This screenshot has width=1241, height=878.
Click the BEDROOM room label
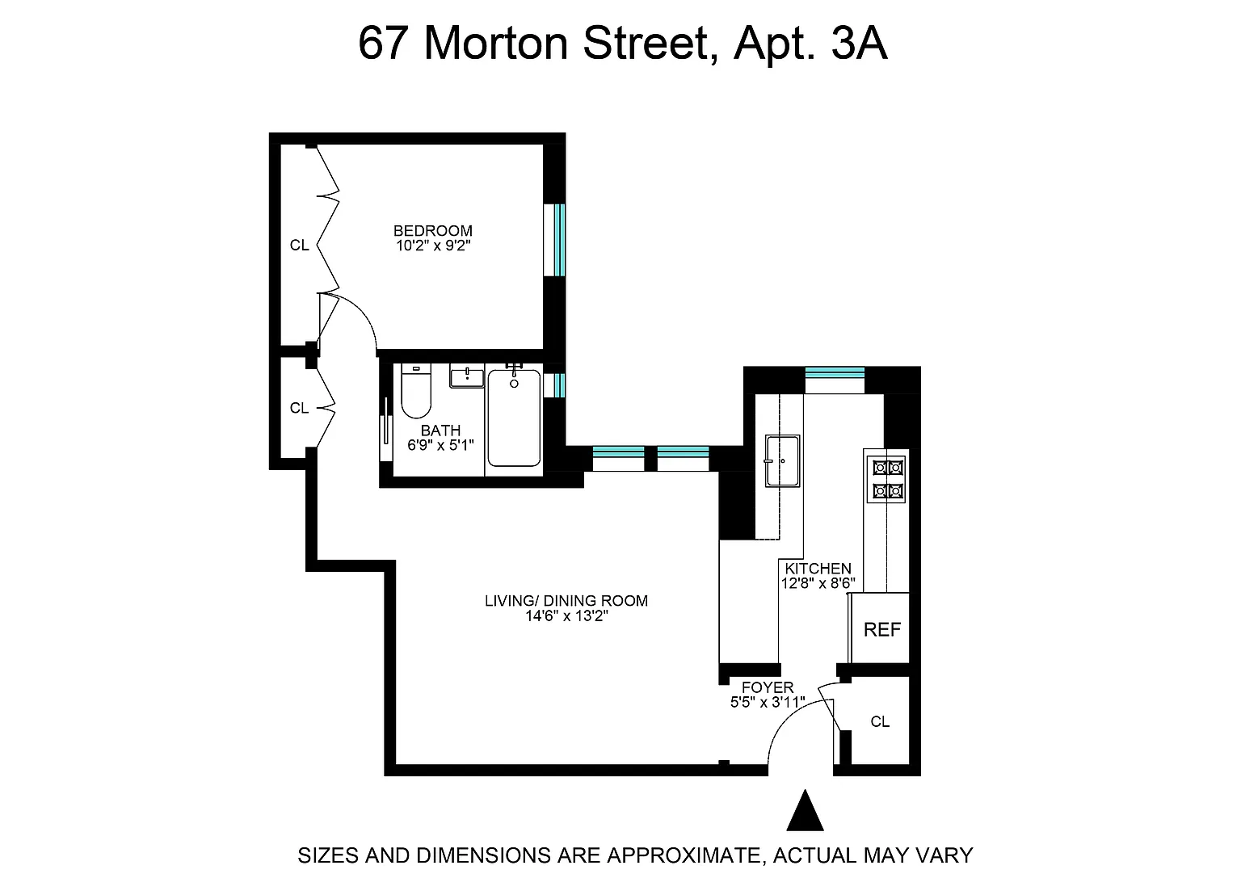coord(433,230)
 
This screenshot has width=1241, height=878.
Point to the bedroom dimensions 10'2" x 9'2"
coord(433,246)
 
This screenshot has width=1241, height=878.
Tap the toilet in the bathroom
coord(415,390)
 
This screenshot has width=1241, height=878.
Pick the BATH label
coord(440,431)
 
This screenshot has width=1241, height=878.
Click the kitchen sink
coord(782,461)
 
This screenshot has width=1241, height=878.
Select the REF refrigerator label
coord(882,629)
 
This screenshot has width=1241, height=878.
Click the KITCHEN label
coord(818,569)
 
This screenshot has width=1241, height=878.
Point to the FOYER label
coord(768,687)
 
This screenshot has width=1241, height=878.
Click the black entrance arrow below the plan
coord(805,810)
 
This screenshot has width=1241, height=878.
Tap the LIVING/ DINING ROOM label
coord(566,601)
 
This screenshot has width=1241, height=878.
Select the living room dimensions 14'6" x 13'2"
coord(566,616)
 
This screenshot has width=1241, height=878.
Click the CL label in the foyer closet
coord(880,722)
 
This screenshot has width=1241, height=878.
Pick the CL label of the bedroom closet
coord(299,245)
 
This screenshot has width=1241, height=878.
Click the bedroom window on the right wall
coord(554,240)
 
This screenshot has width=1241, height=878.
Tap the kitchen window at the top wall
coord(835,380)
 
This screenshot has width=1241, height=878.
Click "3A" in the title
coord(860,43)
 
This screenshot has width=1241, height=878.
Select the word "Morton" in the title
coord(496,43)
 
